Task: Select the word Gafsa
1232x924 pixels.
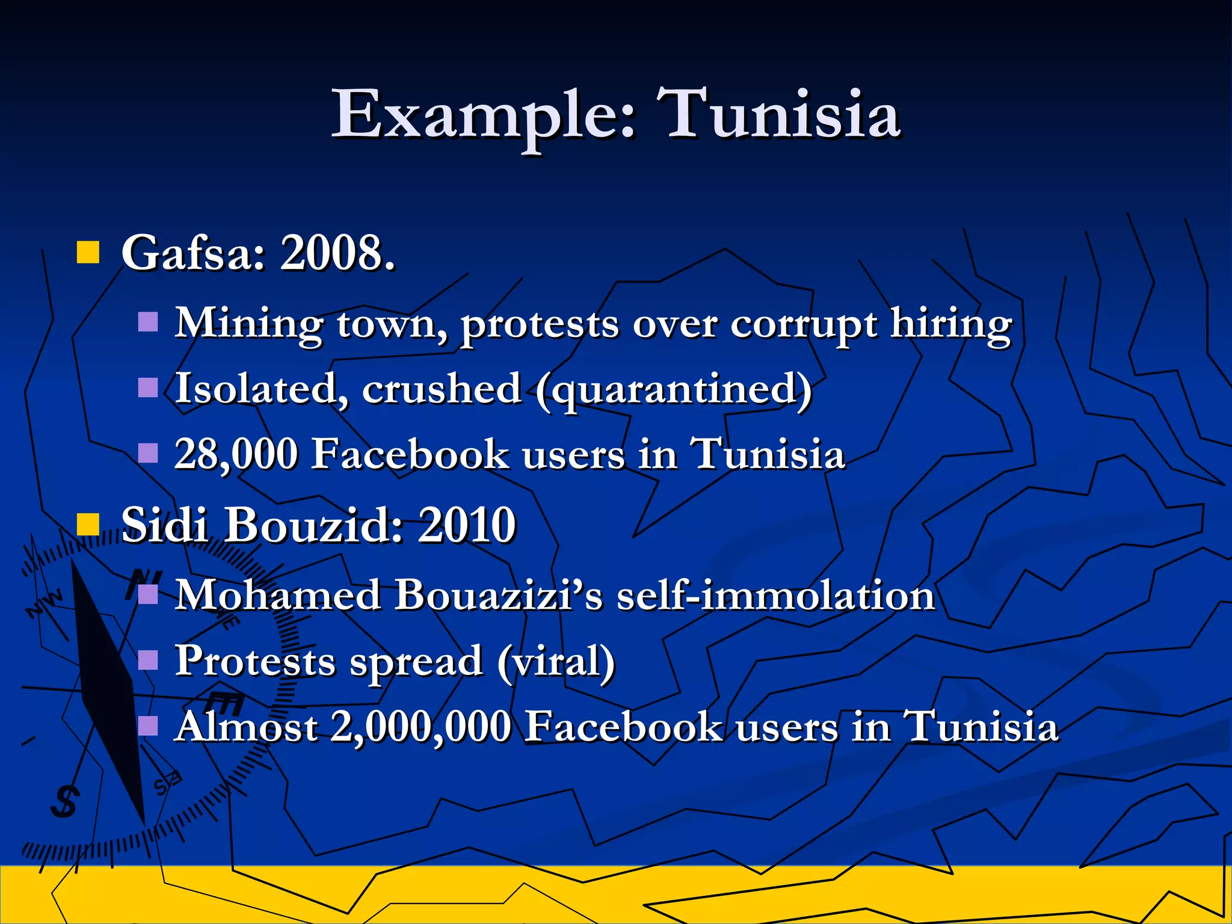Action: (x=193, y=253)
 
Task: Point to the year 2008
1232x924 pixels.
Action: (x=337, y=253)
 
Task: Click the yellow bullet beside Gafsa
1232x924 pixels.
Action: (x=88, y=253)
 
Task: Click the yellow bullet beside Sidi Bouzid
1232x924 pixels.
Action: (x=88, y=525)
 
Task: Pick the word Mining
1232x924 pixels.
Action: (x=249, y=325)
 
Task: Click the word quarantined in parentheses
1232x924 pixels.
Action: (x=674, y=390)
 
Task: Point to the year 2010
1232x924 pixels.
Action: (x=467, y=525)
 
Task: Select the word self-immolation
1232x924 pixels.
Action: (x=776, y=596)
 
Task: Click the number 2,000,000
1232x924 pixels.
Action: (x=421, y=727)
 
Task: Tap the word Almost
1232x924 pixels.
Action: (x=247, y=727)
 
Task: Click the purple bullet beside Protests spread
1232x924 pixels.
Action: (x=148, y=661)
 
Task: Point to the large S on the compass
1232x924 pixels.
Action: (x=65, y=801)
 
